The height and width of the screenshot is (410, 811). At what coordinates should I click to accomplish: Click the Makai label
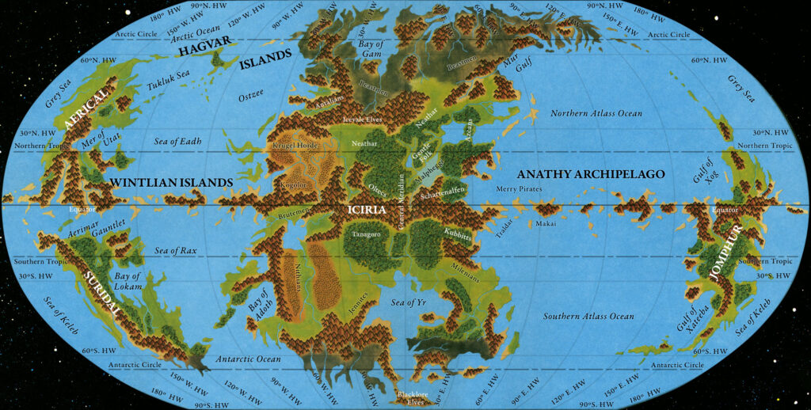coord(546,224)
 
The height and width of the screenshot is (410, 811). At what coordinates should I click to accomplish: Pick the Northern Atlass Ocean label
coord(596,113)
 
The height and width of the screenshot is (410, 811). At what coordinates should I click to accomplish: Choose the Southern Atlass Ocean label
coord(588,317)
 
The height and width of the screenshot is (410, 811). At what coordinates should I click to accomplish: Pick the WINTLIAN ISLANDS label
coord(171,183)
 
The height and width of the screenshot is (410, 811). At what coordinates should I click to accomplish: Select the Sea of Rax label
coord(177,251)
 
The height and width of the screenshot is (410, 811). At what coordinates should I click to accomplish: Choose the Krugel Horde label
coord(295,147)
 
